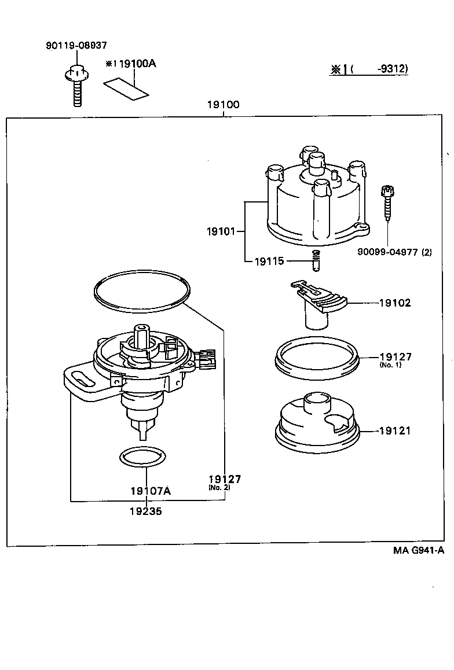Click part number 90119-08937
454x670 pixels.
[76, 45]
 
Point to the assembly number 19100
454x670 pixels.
[223, 105]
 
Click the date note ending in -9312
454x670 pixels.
[369, 69]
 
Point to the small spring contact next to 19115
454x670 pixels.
[316, 262]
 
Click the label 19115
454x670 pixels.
[269, 261]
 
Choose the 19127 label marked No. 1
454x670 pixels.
[396, 358]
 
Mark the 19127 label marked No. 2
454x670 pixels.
[225, 480]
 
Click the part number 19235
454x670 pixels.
[146, 511]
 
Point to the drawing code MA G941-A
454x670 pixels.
[419, 550]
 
